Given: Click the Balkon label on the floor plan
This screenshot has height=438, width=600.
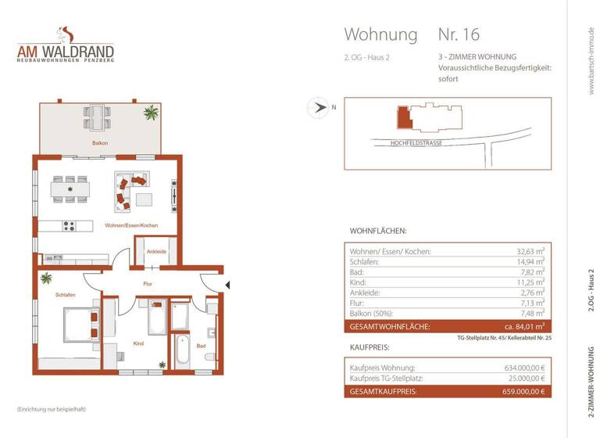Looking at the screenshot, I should click(x=99, y=143).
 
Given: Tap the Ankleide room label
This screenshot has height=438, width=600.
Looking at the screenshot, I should click(x=155, y=251).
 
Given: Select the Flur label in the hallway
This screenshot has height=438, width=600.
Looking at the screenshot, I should click(x=147, y=284).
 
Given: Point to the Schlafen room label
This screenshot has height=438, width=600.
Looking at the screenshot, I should click(x=65, y=295).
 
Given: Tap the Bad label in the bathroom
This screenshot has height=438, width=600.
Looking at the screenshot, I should click(x=201, y=345).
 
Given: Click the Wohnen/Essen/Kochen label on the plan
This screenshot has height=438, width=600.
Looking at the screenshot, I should click(x=131, y=225).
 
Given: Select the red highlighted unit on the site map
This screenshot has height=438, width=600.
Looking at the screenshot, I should click(x=404, y=119).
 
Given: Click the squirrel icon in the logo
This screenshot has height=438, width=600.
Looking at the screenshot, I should click(x=66, y=34).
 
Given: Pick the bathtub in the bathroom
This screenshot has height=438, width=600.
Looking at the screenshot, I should click(x=182, y=350).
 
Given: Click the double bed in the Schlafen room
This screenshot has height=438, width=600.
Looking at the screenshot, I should click(x=80, y=323).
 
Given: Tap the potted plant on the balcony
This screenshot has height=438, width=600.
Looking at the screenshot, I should click(x=150, y=114).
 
